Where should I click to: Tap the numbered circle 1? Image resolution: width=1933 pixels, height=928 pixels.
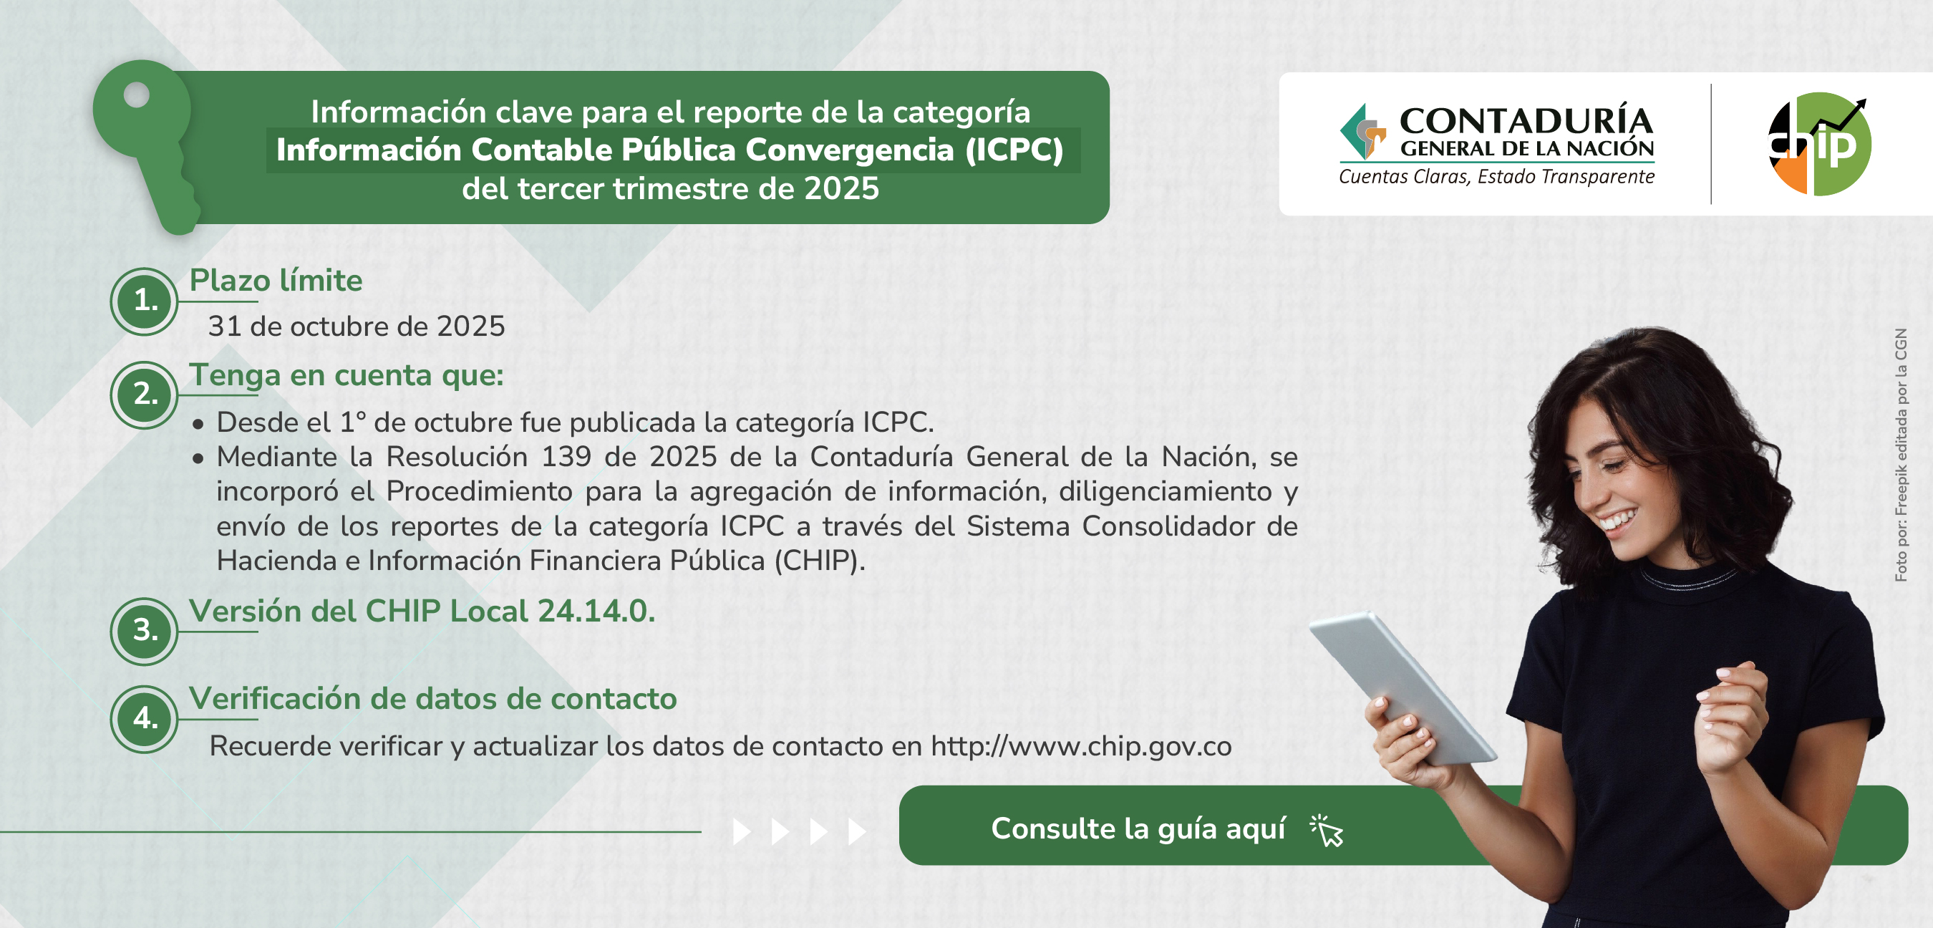(x=145, y=301)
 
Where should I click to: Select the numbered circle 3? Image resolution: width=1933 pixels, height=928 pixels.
(x=145, y=631)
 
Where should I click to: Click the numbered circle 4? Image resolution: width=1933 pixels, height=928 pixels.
(x=145, y=718)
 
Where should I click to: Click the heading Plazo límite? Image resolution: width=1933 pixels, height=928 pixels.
(x=276, y=281)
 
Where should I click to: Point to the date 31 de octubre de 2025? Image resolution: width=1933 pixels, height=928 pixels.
(x=357, y=327)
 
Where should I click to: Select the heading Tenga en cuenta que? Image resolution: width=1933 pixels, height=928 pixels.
(x=346, y=375)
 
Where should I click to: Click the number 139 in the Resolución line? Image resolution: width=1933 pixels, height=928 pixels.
(x=566, y=457)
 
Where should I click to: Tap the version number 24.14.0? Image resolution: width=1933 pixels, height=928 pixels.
(x=596, y=612)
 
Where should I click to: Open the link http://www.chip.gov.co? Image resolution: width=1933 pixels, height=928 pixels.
(x=1081, y=746)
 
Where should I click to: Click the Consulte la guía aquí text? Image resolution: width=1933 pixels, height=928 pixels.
(x=1138, y=829)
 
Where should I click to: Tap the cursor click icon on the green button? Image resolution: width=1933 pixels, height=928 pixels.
(x=1327, y=831)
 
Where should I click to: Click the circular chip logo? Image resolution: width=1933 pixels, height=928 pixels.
(x=1819, y=144)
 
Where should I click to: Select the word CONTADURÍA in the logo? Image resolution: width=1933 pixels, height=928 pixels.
(x=1526, y=122)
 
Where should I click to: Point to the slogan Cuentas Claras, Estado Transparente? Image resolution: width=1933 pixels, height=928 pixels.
(x=1497, y=177)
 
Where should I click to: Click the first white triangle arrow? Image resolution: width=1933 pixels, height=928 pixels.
(x=742, y=832)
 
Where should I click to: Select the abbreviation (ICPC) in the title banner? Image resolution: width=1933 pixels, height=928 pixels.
(x=1014, y=150)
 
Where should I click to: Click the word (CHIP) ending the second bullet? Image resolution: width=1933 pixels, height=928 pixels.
(x=820, y=561)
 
